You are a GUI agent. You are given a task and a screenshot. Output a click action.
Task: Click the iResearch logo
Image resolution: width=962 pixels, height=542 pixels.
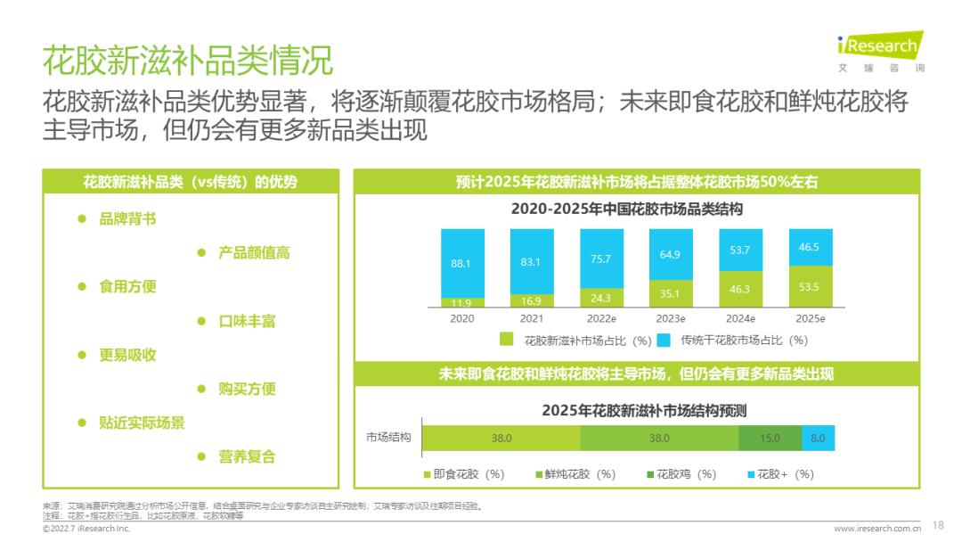click(x=880, y=50)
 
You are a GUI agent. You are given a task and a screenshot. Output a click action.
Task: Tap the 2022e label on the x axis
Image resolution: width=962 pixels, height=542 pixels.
click(x=601, y=318)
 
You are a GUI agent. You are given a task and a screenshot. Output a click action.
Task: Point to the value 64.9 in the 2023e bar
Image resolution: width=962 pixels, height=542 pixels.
click(x=670, y=255)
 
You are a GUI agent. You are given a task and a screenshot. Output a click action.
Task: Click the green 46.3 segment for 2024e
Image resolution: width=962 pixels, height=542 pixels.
click(x=739, y=289)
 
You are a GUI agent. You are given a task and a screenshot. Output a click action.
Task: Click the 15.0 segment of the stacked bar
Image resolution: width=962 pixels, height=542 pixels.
click(x=770, y=438)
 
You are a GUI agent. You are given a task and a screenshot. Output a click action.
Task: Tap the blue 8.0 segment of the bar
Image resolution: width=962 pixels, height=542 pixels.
click(x=818, y=438)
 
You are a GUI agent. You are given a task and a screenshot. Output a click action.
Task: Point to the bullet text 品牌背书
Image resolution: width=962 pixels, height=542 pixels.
click(x=127, y=218)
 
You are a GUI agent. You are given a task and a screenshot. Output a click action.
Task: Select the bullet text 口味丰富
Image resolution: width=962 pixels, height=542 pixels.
click(x=247, y=321)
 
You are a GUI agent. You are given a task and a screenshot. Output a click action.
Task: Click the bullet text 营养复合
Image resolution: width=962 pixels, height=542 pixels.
click(x=247, y=456)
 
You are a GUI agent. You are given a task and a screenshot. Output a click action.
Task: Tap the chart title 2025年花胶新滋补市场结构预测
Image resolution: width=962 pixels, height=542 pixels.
click(x=643, y=411)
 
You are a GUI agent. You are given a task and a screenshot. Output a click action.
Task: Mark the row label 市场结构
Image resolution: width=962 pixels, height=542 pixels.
click(x=388, y=438)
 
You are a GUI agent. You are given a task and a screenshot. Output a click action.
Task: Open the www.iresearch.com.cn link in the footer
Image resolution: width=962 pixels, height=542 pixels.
click(x=876, y=529)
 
